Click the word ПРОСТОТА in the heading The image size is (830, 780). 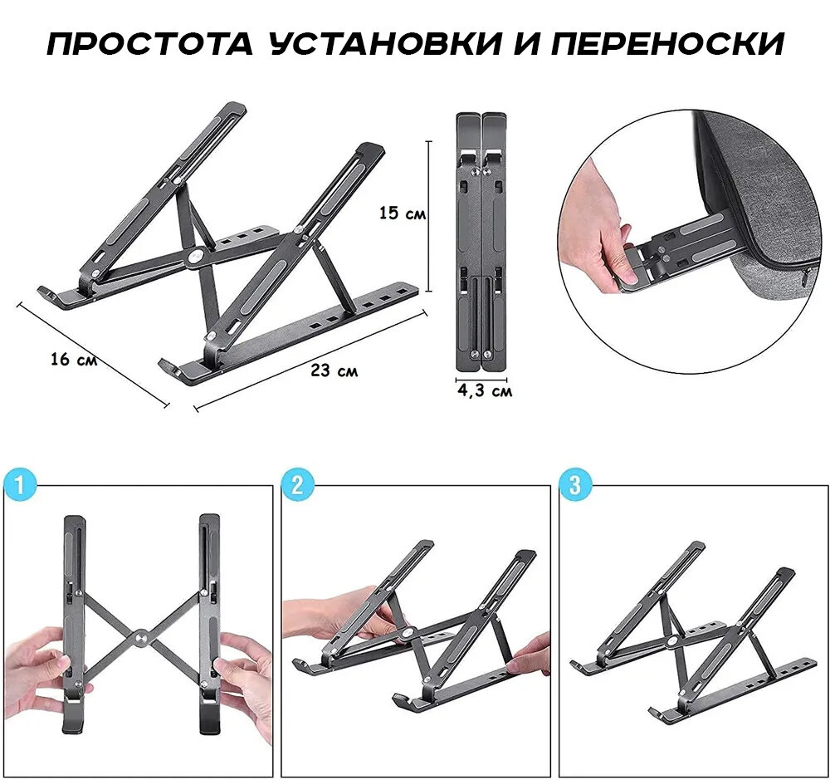pos(150,44)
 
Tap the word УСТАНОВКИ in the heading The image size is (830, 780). pos(385,43)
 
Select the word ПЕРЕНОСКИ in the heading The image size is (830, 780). pos(667,44)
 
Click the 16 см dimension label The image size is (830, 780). pos(74,360)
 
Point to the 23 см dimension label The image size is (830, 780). pos(334,370)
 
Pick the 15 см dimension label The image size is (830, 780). pos(403,213)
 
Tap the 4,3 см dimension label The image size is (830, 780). pos(485,391)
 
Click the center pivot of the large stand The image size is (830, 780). pos(196,257)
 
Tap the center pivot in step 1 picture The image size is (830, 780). pos(141,637)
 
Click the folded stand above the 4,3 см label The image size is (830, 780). pos(481,242)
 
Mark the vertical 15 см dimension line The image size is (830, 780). pos(428,217)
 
